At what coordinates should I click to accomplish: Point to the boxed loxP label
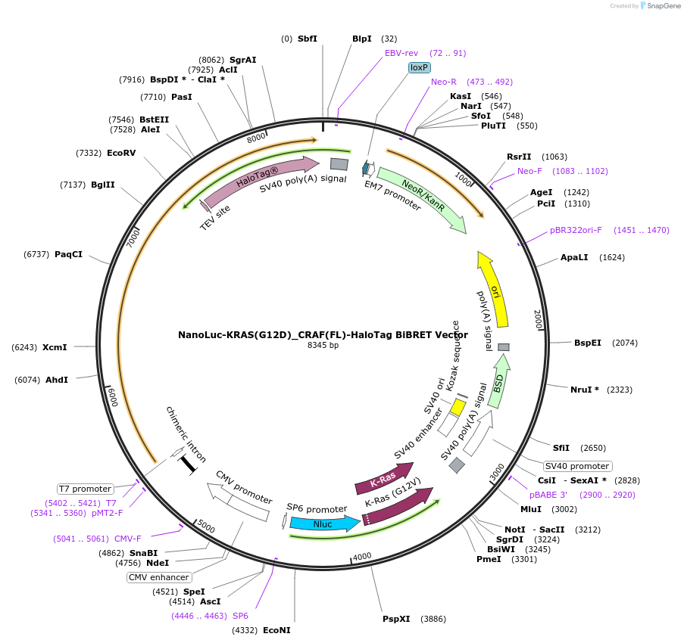coord(419,67)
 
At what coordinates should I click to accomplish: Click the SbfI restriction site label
coord(308,39)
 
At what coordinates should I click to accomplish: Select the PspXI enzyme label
coord(396,619)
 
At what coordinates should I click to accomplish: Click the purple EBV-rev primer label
coord(401,53)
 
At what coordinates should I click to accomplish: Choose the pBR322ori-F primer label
coord(576,230)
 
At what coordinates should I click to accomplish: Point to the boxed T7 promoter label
coord(86,489)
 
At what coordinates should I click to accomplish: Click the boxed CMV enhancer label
coord(158,577)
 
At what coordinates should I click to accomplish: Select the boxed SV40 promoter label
coord(577,466)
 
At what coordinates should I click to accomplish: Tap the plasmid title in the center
coord(323,334)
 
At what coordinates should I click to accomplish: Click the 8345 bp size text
coord(323,346)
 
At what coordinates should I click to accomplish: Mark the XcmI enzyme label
coord(55,347)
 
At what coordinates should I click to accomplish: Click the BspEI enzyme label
coord(587,343)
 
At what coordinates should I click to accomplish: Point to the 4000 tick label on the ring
coord(362,556)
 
